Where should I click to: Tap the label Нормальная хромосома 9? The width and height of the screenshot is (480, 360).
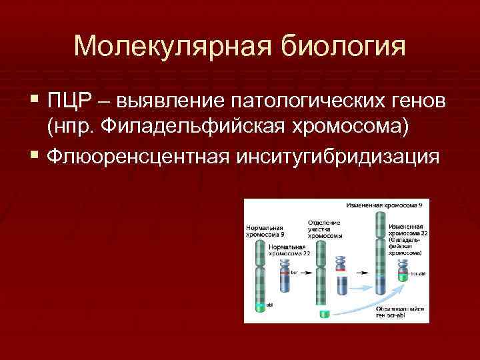tap(265, 231)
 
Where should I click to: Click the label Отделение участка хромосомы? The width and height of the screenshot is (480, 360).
tap(325, 229)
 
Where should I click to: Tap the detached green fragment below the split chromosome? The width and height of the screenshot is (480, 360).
tap(325, 313)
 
